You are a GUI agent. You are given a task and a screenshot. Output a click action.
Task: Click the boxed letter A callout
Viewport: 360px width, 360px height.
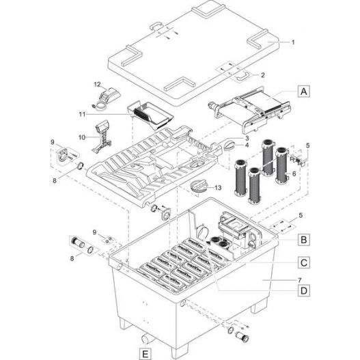(304, 92)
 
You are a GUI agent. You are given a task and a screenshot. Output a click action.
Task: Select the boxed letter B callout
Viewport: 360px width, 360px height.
(304, 240)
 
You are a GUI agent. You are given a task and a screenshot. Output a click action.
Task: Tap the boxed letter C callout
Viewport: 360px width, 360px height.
(304, 262)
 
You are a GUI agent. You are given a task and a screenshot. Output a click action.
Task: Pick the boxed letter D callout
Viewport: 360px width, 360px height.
(304, 290)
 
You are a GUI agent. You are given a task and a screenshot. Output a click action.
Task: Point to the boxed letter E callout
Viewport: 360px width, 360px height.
(146, 354)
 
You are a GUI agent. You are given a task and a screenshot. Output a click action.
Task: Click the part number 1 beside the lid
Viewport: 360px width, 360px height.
(293, 42)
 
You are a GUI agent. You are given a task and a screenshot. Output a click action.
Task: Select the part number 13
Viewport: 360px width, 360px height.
(218, 188)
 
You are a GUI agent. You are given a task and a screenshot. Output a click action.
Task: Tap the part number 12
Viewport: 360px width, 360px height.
(97, 85)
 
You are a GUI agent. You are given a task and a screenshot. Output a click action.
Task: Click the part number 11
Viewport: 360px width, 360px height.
(82, 114)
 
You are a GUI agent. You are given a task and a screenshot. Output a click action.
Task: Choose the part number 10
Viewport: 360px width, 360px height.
(82, 137)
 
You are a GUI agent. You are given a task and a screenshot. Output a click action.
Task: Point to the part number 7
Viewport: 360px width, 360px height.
(300, 280)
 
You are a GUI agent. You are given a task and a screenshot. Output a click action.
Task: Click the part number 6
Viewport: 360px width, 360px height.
(294, 174)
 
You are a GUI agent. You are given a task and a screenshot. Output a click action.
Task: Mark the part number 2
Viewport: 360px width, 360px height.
(262, 75)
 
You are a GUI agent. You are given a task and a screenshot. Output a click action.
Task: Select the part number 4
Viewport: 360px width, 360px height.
(247, 145)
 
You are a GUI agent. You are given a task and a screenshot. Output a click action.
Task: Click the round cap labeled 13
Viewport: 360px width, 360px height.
(198, 186)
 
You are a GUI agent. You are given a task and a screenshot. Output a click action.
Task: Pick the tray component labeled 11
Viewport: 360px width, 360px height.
(150, 115)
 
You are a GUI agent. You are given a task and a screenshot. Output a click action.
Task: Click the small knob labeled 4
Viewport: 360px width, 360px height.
(229, 146)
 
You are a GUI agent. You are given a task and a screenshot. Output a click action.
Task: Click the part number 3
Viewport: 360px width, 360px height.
(247, 138)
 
